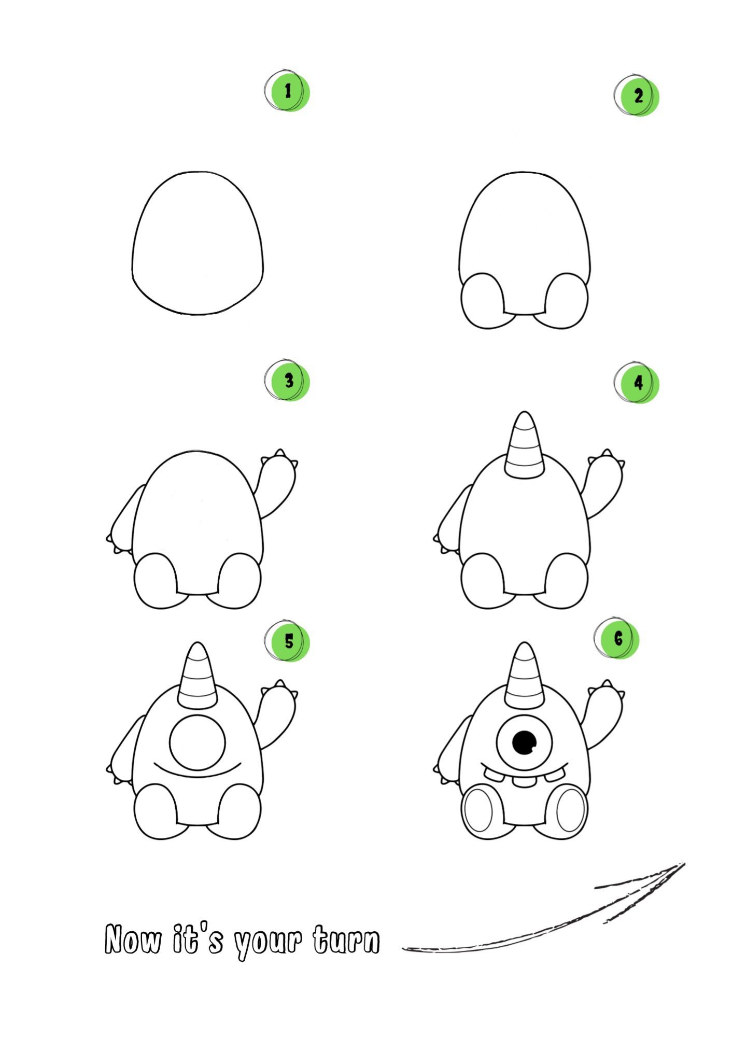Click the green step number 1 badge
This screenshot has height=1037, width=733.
(287, 91)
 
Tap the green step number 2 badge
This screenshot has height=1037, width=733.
(637, 96)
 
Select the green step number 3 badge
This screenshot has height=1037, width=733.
(287, 381)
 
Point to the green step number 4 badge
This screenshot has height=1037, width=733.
(637, 383)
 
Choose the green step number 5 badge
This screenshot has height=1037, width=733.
(287, 641)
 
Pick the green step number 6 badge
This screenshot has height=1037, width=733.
(617, 638)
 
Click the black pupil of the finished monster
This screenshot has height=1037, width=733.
(524, 743)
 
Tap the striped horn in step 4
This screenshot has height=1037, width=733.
(524, 445)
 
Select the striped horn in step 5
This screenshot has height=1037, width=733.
(198, 676)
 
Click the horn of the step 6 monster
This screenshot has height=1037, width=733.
(524, 676)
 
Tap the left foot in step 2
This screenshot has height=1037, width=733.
(482, 301)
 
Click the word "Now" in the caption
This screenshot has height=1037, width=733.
(133, 939)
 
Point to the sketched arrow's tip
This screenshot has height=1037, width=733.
(684, 863)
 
